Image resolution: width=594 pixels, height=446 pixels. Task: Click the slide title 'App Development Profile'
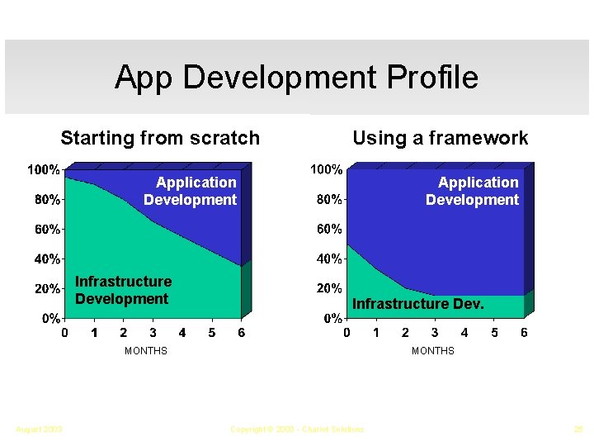click(x=296, y=78)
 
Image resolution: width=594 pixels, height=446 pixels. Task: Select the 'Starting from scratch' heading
click(x=160, y=138)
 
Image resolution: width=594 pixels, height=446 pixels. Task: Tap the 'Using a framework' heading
click(x=440, y=138)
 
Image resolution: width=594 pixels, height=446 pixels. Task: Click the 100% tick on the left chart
click(x=45, y=169)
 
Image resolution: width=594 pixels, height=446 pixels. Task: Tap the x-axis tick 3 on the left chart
click(x=153, y=333)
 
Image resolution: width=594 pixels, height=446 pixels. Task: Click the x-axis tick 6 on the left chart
click(x=241, y=333)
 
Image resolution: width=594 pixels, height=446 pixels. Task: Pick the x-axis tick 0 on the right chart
click(x=346, y=333)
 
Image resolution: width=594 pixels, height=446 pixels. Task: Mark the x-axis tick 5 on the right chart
click(x=494, y=333)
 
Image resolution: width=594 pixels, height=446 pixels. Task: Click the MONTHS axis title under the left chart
click(x=146, y=351)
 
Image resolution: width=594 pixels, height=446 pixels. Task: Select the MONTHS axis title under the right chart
click(x=433, y=351)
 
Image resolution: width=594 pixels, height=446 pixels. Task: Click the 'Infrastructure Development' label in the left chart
click(x=123, y=290)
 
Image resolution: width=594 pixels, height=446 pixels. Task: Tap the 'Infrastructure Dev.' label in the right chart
click(x=418, y=304)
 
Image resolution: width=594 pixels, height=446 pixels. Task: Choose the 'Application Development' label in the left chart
click(x=191, y=191)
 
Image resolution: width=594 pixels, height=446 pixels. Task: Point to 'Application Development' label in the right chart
click(x=473, y=191)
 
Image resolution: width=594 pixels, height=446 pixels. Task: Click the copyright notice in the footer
click(x=297, y=429)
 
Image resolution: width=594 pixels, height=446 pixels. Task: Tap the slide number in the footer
click(x=577, y=429)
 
